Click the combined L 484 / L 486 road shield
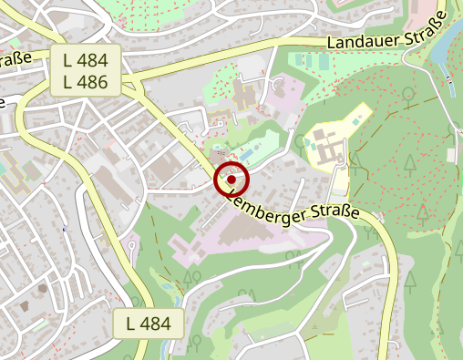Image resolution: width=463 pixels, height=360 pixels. [86, 72]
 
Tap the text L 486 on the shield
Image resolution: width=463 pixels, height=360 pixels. [86, 83]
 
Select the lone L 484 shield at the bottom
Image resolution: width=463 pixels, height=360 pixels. [149, 323]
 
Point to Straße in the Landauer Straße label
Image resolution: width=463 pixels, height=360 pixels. [420, 26]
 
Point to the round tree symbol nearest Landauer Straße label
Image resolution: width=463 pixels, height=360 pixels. [409, 93]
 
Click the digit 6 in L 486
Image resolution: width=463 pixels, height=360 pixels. [103, 83]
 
